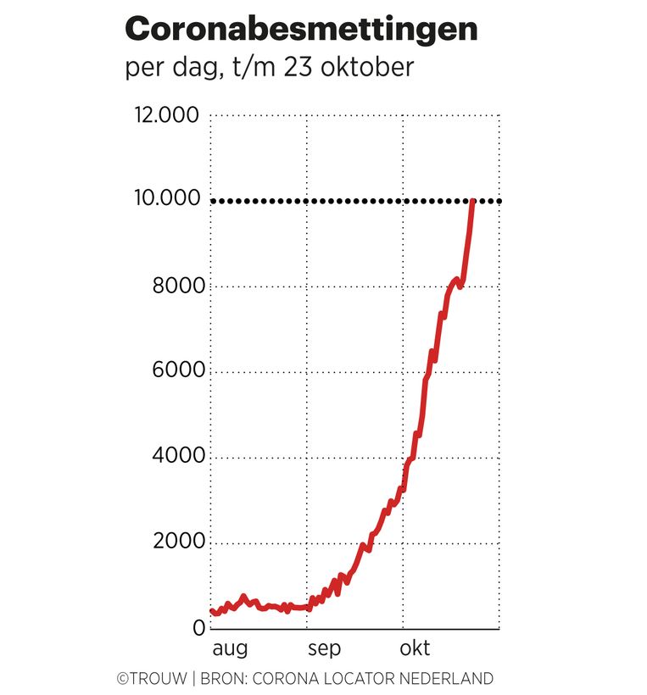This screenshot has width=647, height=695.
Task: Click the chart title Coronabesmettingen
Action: pyautogui.click(x=301, y=29)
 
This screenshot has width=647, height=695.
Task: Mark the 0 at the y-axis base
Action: pyautogui.click(x=198, y=628)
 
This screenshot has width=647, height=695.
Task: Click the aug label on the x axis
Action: pyautogui.click(x=229, y=650)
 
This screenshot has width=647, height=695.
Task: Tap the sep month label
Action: pyautogui.click(x=324, y=650)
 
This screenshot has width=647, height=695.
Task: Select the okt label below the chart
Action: pyautogui.click(x=416, y=650)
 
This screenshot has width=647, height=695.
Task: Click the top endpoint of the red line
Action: pyautogui.click(x=472, y=201)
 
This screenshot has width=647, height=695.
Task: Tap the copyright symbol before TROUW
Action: pyautogui.click(x=122, y=679)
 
